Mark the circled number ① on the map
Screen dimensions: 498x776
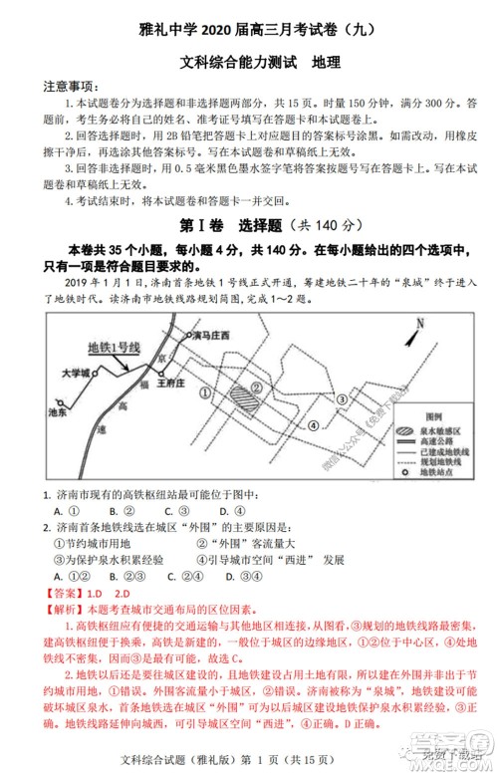click(x=206, y=391)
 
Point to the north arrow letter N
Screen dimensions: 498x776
click(x=420, y=323)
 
